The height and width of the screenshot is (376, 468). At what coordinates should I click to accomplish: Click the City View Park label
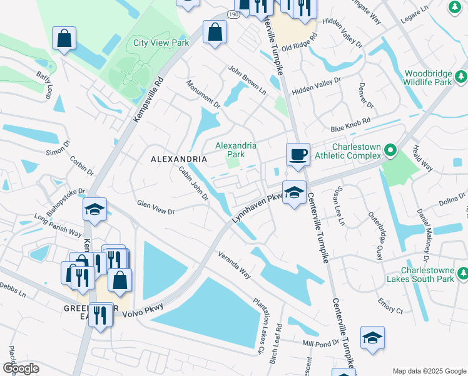161,43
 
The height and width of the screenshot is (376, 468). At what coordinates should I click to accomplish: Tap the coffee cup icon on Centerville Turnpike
298,154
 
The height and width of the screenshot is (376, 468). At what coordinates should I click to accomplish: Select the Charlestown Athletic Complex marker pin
390,150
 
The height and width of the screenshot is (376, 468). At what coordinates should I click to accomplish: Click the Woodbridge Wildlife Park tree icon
461,76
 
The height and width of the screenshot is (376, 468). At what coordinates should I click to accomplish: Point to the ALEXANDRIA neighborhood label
179,159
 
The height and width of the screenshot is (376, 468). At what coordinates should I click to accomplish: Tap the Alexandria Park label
235,149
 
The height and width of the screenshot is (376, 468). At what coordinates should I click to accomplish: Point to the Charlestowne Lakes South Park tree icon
461,273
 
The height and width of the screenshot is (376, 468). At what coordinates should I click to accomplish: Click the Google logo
21,368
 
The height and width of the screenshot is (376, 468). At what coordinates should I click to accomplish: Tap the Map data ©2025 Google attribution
429,371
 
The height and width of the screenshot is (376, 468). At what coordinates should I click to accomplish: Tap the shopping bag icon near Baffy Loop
64,38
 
